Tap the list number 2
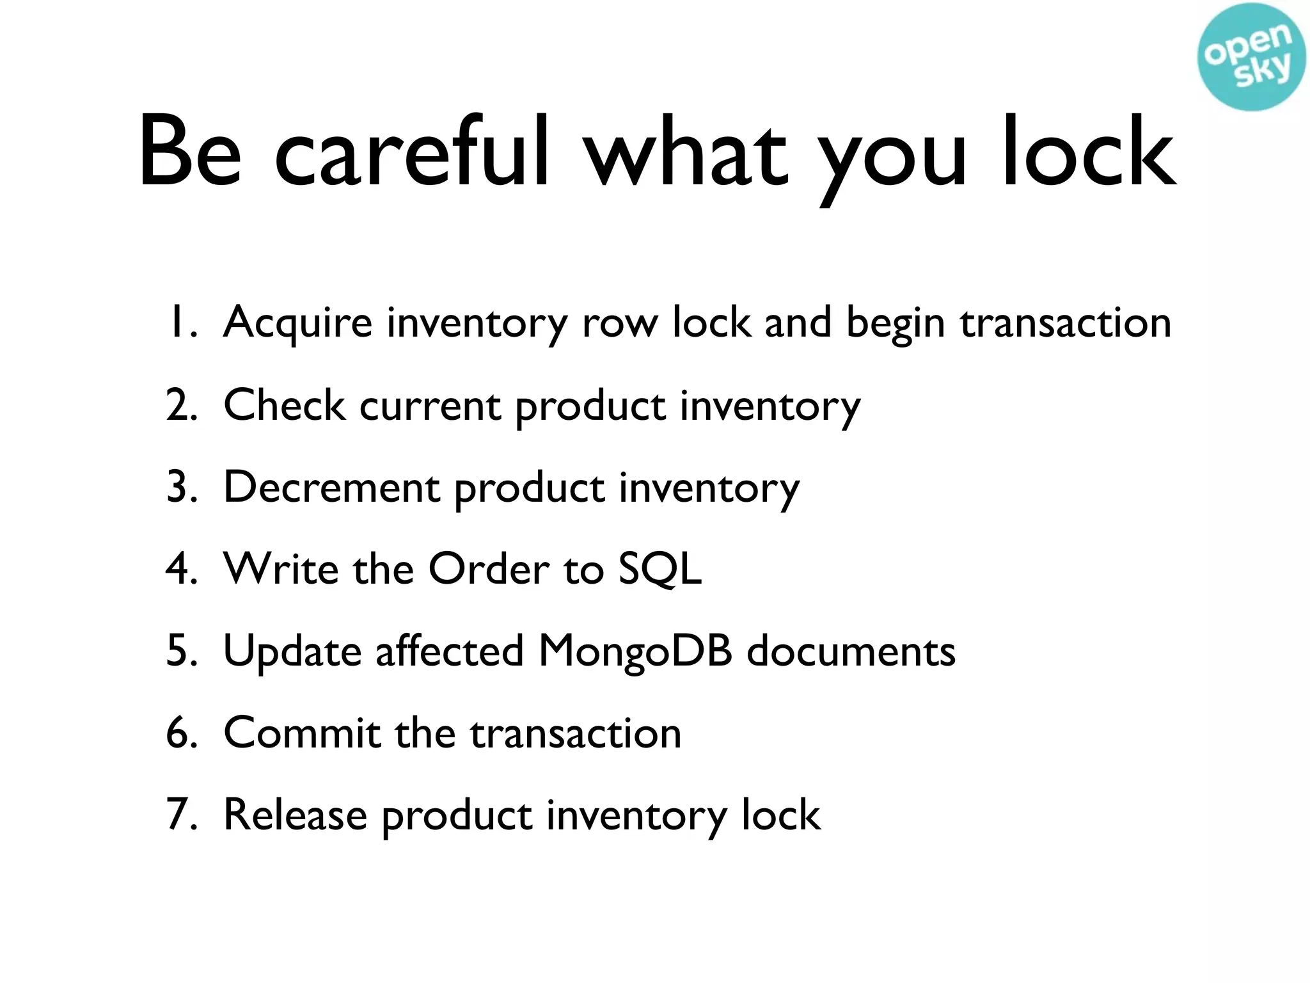click(181, 405)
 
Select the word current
click(430, 405)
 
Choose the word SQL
click(659, 569)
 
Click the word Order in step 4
click(489, 569)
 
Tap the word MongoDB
click(635, 651)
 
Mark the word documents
click(851, 651)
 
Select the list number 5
click(181, 651)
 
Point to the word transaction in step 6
click(576, 733)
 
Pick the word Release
click(295, 815)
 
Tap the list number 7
click(181, 815)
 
